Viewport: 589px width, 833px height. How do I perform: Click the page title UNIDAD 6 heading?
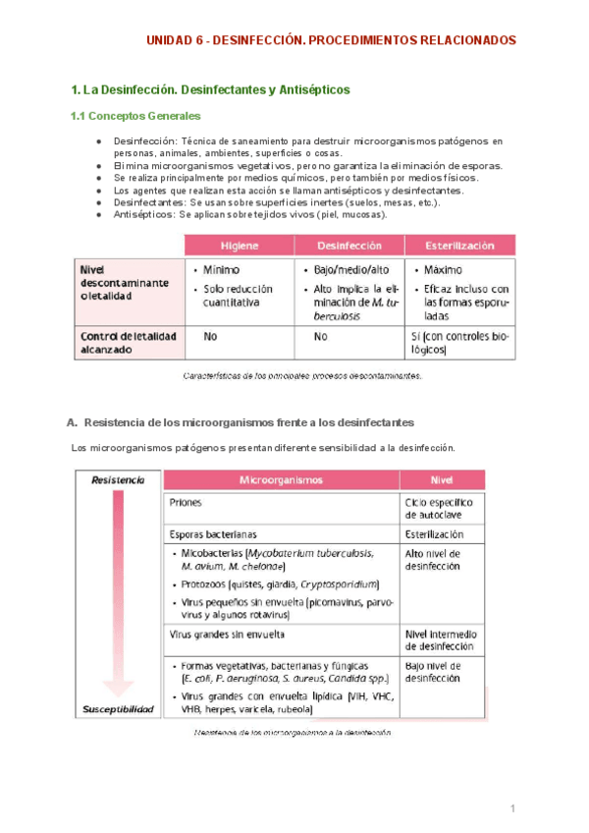(x=329, y=40)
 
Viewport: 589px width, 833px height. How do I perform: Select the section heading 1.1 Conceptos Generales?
(x=135, y=117)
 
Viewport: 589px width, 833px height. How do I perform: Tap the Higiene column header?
(x=240, y=245)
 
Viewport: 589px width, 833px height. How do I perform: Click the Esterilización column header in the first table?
(x=459, y=245)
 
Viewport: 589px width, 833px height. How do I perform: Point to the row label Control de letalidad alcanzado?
(x=129, y=342)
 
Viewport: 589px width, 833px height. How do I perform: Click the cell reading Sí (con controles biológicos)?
(x=459, y=342)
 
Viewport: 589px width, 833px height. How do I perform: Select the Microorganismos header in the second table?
(x=282, y=480)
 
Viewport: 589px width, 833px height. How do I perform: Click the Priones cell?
(x=186, y=501)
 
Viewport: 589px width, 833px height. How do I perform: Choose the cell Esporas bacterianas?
(x=213, y=534)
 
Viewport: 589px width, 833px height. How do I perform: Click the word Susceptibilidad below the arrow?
(x=118, y=708)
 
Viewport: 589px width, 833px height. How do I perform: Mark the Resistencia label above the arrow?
(x=118, y=480)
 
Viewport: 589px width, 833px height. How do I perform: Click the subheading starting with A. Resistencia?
(x=240, y=421)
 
